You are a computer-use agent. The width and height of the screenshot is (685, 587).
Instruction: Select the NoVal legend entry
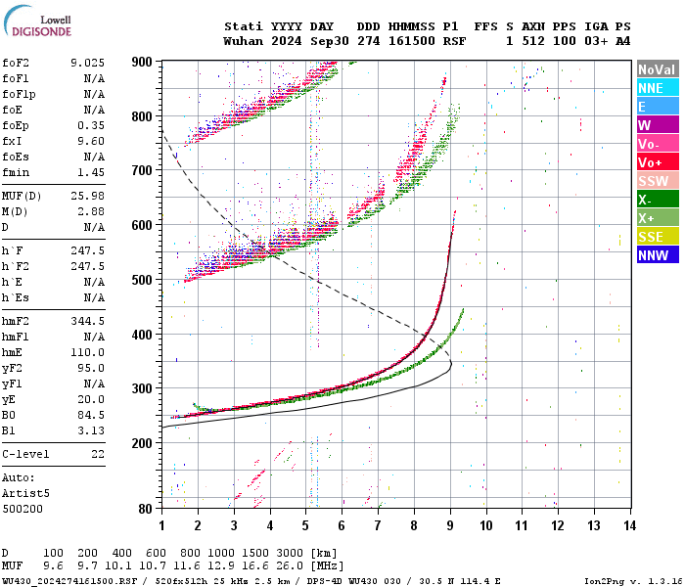657,69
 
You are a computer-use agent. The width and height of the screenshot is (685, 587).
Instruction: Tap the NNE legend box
657,88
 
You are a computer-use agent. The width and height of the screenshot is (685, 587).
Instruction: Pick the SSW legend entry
657,181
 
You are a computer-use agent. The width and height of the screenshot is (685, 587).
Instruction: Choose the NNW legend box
657,255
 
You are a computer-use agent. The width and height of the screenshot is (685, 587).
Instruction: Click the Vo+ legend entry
657,162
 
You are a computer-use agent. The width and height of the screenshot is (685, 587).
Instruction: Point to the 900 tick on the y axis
143,62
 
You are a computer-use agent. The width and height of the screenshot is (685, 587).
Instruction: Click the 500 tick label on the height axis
143,280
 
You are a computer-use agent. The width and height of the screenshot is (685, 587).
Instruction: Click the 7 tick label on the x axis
378,525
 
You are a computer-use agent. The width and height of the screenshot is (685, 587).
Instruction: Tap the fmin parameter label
17,172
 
